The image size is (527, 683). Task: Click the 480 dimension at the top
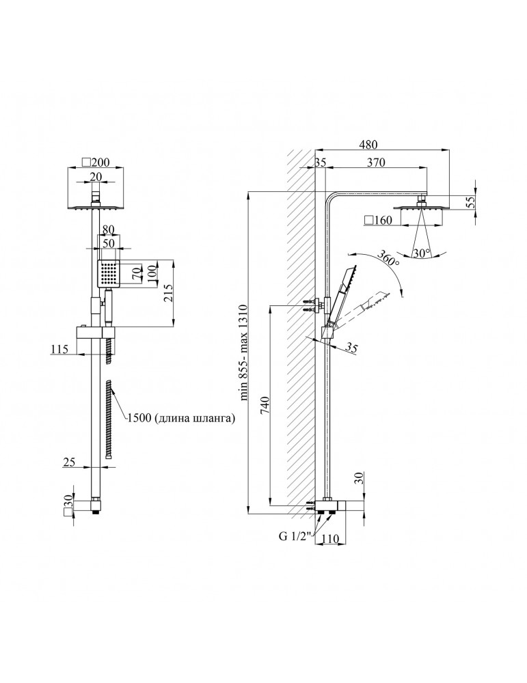(x=369, y=144)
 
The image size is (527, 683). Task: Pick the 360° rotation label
(x=388, y=258)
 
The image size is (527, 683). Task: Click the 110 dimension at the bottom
(x=330, y=539)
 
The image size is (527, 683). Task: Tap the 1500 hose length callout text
(x=181, y=418)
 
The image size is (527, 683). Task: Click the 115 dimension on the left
(x=59, y=348)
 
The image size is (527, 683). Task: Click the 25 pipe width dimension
(x=69, y=462)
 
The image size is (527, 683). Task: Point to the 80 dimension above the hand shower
(x=109, y=228)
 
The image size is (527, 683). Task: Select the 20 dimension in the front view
(x=96, y=176)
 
